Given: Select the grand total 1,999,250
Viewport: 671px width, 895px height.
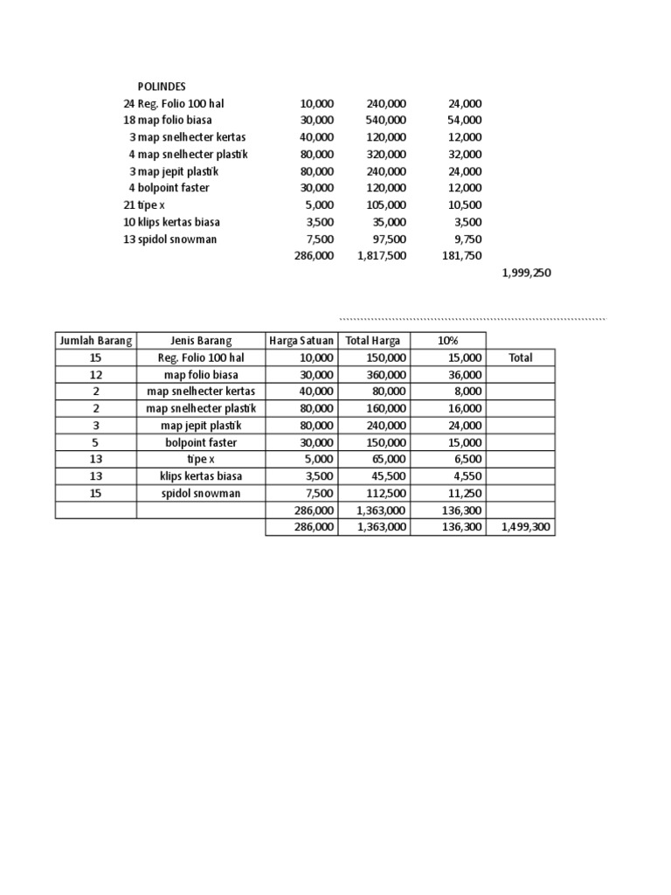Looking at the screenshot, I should (526, 273).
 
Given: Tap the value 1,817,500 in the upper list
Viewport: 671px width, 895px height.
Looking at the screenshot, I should (381, 256).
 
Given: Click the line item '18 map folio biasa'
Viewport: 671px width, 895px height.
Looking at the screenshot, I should (168, 120).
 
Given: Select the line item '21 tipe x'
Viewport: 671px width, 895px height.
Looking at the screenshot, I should (144, 205).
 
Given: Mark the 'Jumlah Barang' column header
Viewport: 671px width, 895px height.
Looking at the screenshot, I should (95, 341).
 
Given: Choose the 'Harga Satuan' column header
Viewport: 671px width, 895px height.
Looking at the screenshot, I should (301, 341).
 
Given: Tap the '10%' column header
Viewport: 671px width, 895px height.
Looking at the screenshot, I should (448, 341).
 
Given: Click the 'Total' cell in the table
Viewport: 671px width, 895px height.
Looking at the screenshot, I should (520, 357).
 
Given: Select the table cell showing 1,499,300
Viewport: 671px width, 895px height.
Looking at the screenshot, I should (526, 527).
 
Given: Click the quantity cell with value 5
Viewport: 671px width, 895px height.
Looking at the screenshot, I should (95, 442).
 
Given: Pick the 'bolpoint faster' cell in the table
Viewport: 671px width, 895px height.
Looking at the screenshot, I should (201, 442).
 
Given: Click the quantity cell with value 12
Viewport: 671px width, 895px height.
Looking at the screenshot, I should (95, 374).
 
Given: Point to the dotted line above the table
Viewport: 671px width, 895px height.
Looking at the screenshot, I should (472, 319).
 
